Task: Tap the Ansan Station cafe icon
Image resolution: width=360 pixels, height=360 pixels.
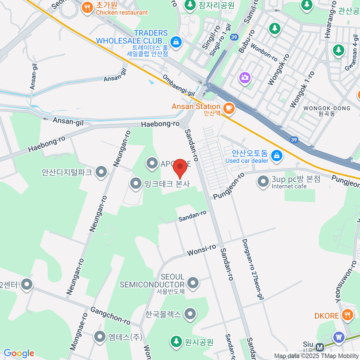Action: click(x=229, y=108)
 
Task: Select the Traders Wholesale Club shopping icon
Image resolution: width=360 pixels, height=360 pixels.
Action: click(x=176, y=42)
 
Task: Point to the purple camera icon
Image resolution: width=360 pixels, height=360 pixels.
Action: click(x=245, y=78)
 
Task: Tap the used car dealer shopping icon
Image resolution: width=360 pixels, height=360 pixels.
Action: click(x=277, y=156)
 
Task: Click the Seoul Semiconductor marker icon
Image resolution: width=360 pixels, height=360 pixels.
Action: click(x=193, y=283)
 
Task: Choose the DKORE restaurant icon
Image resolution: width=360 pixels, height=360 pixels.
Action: click(x=347, y=315)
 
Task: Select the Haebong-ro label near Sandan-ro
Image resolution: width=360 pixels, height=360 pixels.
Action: click(x=160, y=124)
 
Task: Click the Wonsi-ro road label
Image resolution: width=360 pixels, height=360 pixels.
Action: click(x=201, y=250)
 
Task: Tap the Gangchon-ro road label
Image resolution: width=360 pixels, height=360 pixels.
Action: click(x=110, y=316)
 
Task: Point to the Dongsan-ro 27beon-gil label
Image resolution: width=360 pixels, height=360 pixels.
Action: click(x=253, y=269)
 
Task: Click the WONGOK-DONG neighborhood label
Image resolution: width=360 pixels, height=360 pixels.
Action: click(x=327, y=108)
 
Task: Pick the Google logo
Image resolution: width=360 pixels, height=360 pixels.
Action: click(x=19, y=353)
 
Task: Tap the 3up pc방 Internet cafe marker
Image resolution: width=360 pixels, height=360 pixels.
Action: click(x=263, y=181)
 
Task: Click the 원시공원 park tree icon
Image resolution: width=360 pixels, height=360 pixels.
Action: click(x=176, y=341)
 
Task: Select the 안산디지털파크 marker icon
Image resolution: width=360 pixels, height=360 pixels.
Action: click(x=101, y=172)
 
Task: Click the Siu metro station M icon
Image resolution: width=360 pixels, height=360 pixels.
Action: click(x=320, y=347)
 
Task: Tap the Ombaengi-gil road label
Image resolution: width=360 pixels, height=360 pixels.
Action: click(x=178, y=85)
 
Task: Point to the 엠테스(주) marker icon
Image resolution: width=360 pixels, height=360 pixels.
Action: click(x=100, y=337)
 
